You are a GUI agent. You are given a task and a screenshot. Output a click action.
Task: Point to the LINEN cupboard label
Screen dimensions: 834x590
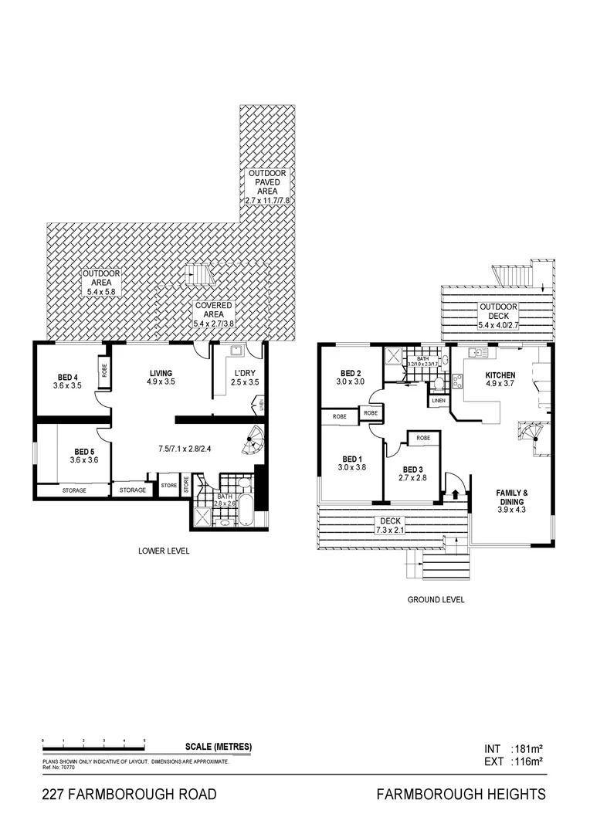tap(439, 401)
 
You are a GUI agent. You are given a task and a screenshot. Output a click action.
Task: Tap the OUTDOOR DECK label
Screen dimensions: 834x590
tap(498, 310)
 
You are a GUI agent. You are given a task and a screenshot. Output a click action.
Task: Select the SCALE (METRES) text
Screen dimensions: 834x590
tap(219, 747)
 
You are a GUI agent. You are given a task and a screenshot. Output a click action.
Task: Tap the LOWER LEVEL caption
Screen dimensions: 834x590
tap(164, 551)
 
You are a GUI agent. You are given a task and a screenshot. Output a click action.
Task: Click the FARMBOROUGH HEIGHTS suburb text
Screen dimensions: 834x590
tap(461, 794)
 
